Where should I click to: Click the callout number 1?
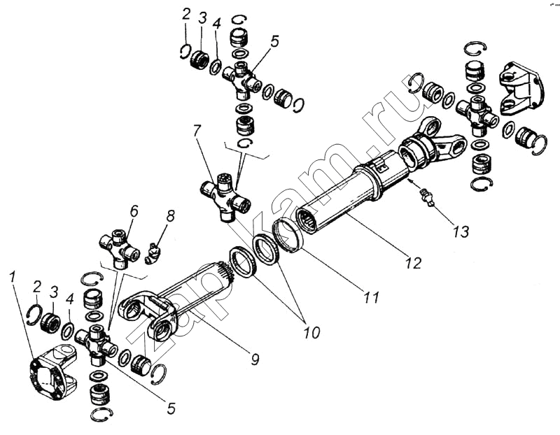point(12,278)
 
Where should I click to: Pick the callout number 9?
point(255,359)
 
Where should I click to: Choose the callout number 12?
point(413,263)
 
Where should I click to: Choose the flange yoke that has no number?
point(521,87)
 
